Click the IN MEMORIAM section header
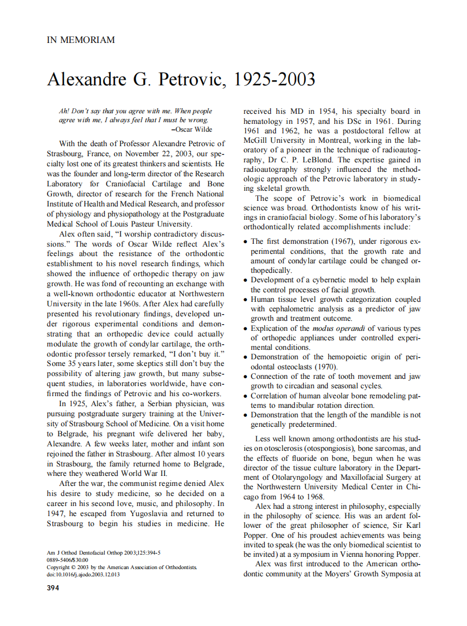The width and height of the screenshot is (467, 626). coord(81,40)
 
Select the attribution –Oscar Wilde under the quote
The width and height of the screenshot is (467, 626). coord(192,129)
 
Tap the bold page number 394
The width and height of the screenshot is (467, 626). coord(55,588)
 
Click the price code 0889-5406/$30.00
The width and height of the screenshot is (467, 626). coord(67,560)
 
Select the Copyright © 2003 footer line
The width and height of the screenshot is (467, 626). coord(121,567)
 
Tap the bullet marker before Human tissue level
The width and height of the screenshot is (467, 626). coord(246,300)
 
